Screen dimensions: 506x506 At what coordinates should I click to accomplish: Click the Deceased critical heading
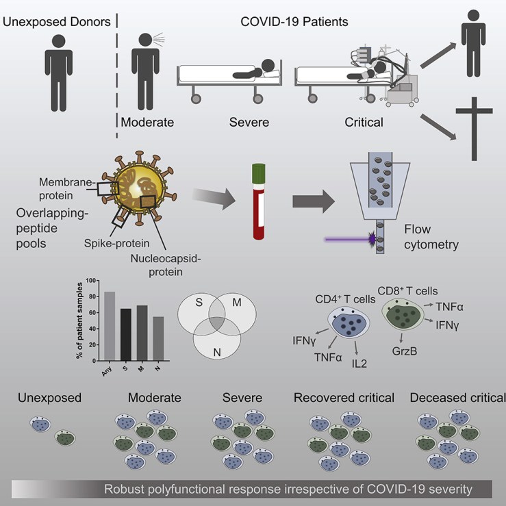coord(457,398)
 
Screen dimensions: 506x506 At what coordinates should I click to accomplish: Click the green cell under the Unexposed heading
coord(65,437)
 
